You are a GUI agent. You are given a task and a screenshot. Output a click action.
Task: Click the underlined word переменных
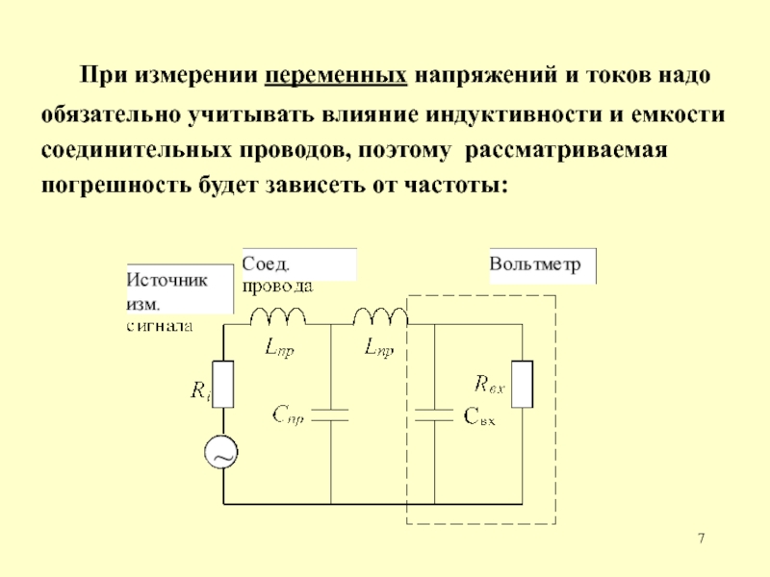pos(336,76)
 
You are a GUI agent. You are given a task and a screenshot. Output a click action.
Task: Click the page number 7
pos(702,539)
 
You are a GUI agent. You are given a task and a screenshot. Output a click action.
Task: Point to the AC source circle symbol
pos(221,452)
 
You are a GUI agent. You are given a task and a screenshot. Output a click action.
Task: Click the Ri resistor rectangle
pos(223,384)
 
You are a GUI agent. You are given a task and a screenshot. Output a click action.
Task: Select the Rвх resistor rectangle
pos(522,384)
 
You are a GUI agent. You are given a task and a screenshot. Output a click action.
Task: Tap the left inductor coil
pos(278,316)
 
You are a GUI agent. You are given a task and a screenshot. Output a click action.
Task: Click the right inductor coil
pos(380,316)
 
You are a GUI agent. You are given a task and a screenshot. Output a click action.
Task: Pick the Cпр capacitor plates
pos(330,415)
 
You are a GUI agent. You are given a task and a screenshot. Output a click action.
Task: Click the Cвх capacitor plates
pos(434,415)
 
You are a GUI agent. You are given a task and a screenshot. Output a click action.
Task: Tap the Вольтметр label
pos(535,264)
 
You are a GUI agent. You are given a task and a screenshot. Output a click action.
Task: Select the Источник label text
pos(167,280)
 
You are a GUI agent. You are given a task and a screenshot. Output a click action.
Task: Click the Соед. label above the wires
pos(266,263)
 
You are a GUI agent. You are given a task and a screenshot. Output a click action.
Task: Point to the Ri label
pos(201,390)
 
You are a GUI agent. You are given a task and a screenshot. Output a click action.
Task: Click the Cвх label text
pos(479,416)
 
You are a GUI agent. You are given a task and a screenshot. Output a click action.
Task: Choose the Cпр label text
pos(288,415)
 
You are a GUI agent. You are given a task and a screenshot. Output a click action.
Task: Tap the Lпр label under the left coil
pos(279,348)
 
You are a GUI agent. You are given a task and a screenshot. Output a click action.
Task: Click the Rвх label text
pos(490,384)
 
